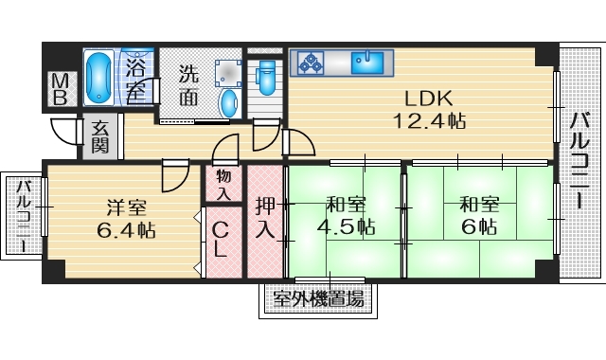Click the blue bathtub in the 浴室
click(98, 79)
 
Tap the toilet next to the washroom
click(266, 77)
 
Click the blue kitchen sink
click(365, 63)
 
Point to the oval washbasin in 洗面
click(228, 102)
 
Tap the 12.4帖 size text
click(430, 120)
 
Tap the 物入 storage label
click(223, 183)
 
